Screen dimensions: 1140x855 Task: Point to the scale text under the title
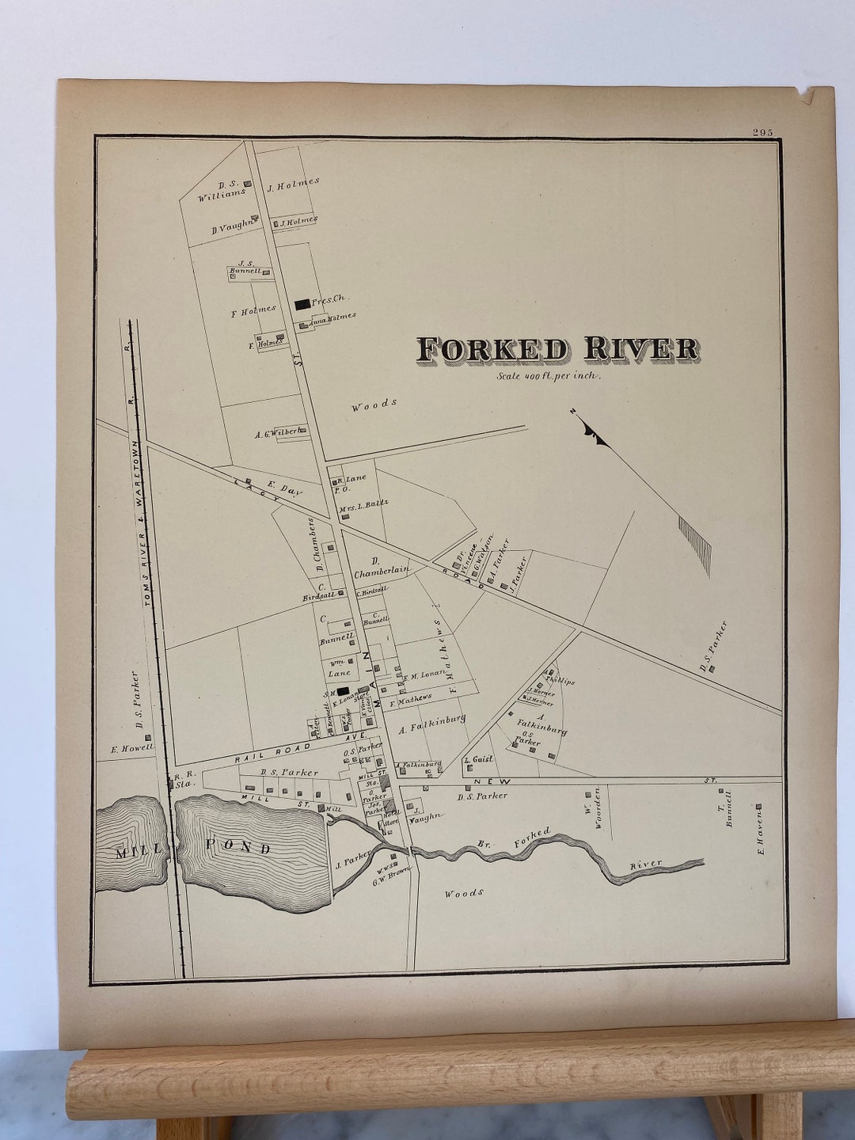(549, 377)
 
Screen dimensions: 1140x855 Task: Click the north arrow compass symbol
(594, 432)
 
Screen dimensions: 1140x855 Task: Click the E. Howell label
(131, 747)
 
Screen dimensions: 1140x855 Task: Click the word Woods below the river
(463, 893)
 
